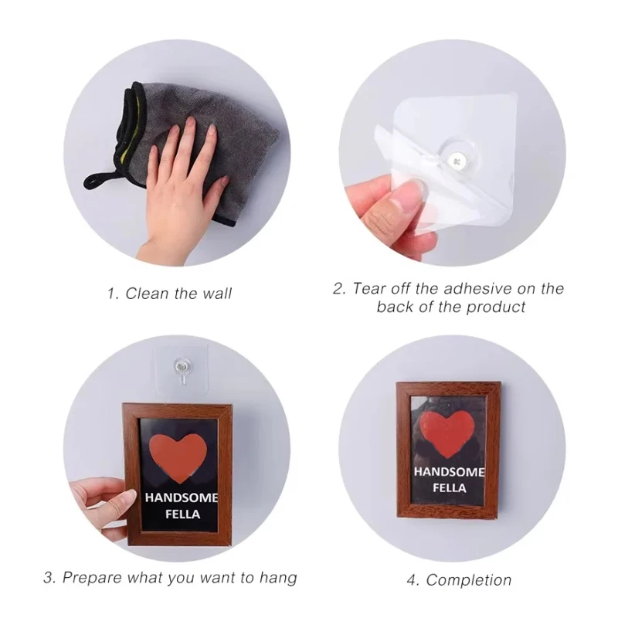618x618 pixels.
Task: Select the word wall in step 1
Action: (215, 294)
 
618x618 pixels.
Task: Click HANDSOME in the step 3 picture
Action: (182, 498)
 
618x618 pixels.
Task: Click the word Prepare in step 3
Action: (92, 577)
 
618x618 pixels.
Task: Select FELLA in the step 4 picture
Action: (450, 488)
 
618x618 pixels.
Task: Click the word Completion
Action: (469, 579)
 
